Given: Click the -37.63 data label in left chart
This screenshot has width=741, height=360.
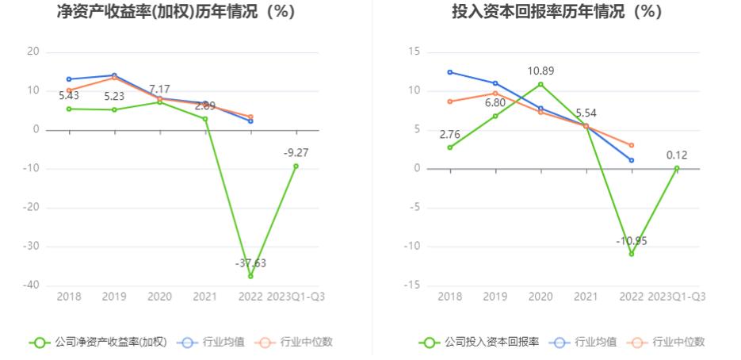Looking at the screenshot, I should (250, 262).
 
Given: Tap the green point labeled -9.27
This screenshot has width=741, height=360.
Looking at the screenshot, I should (296, 166).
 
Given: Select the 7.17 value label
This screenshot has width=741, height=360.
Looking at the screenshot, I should (159, 90).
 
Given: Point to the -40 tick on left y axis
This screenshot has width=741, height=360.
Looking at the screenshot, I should (32, 285).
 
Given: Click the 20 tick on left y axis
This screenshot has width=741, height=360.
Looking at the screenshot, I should (33, 52).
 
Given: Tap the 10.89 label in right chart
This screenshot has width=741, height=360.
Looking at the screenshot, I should (540, 71).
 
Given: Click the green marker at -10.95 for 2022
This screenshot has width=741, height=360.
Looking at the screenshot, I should (632, 254).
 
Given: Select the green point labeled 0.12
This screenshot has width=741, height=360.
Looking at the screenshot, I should (677, 168).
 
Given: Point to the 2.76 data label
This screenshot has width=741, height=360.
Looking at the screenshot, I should (450, 134).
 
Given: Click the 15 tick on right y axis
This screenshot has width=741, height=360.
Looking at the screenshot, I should (414, 52).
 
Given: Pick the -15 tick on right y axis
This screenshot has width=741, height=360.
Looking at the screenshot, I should (412, 285).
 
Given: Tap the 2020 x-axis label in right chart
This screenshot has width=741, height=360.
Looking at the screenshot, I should (540, 297).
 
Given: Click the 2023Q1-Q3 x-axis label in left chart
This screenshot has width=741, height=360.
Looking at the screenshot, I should (297, 297).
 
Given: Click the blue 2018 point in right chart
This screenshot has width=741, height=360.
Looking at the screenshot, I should (450, 72).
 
